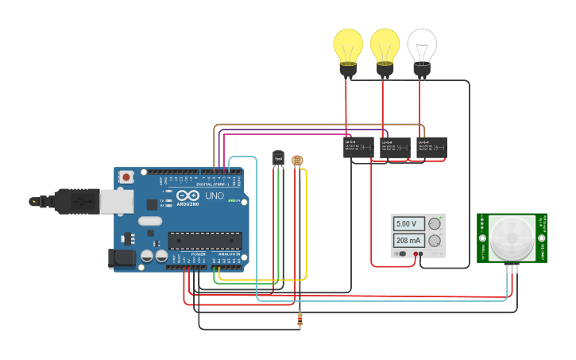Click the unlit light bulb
(422, 49)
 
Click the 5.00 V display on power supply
(409, 224)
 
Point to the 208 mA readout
(409, 241)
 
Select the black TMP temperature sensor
(279, 159)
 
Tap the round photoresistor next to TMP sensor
(297, 161)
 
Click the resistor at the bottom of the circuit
(300, 320)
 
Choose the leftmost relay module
(358, 147)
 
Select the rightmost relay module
(431, 147)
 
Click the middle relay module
(395, 147)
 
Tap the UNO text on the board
(215, 195)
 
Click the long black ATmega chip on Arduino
(205, 240)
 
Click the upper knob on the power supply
(435, 224)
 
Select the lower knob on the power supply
(435, 241)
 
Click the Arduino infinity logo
(188, 195)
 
